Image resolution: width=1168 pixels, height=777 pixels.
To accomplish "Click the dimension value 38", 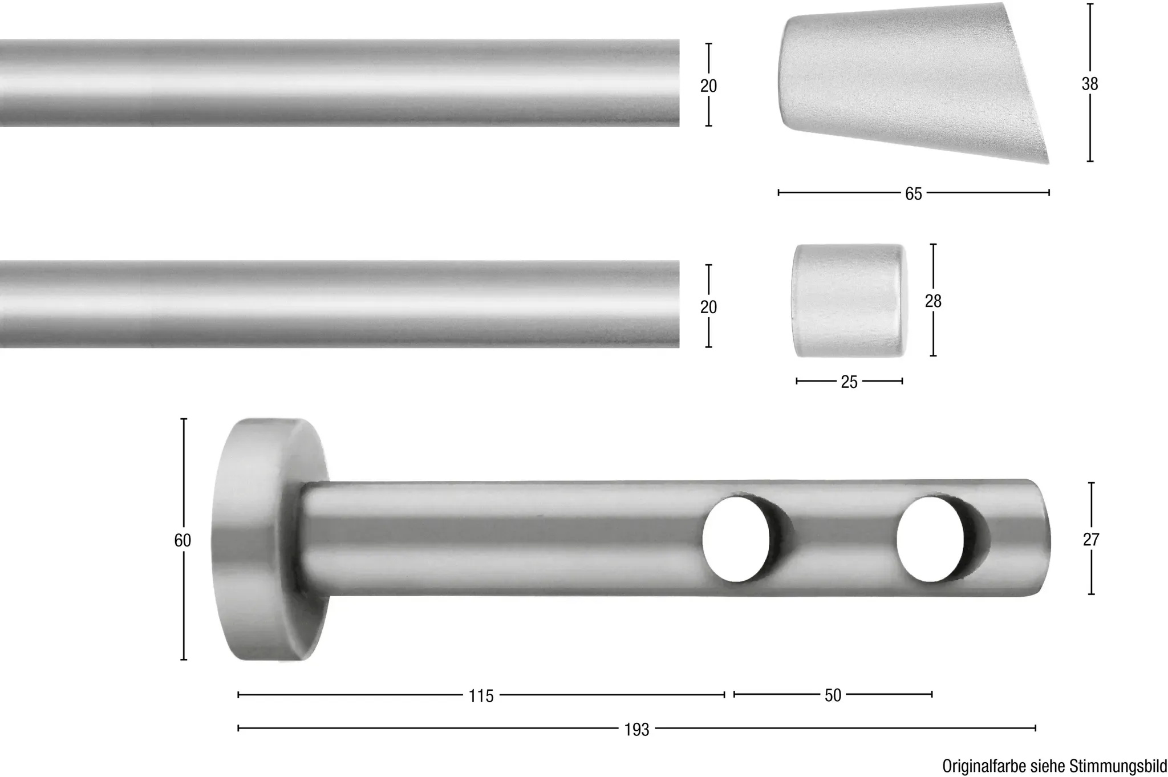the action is coord(1089,84).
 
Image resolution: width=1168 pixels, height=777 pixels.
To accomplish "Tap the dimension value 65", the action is coord(913,194).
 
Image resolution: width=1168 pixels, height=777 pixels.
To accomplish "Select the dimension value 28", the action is coord(933,301).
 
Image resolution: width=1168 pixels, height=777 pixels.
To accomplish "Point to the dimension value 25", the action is coord(849,382).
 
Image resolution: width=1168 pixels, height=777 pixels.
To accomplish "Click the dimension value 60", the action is coord(182,540).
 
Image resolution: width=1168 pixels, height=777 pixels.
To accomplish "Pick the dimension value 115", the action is coord(481,696).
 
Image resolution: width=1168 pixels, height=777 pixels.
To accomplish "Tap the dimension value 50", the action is coord(833,695).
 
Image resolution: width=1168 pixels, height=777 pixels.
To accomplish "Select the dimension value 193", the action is coord(636,730).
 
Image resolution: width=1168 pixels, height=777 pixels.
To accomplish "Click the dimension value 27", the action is coord(1090,539).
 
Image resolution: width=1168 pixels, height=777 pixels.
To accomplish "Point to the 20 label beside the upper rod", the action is coord(708,86).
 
